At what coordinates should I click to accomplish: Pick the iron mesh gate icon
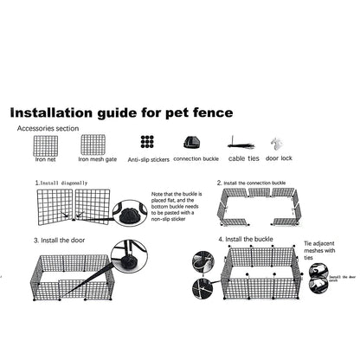point(93,145)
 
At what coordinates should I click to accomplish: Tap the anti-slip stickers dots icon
point(147,144)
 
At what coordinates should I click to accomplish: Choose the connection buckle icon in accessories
point(191,144)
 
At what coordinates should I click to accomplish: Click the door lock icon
point(276,144)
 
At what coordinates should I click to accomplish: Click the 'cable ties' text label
point(244,159)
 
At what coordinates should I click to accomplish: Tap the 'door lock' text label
point(279,159)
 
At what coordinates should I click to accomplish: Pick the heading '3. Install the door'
point(61,240)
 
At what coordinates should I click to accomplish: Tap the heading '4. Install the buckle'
point(248,239)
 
